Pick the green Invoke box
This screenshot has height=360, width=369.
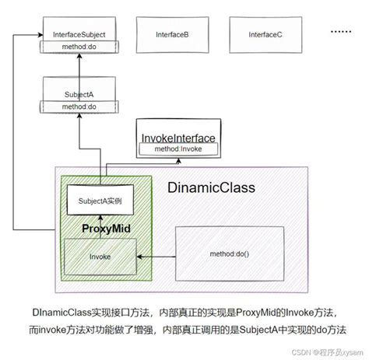100,254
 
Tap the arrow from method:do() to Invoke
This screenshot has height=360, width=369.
156,254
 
